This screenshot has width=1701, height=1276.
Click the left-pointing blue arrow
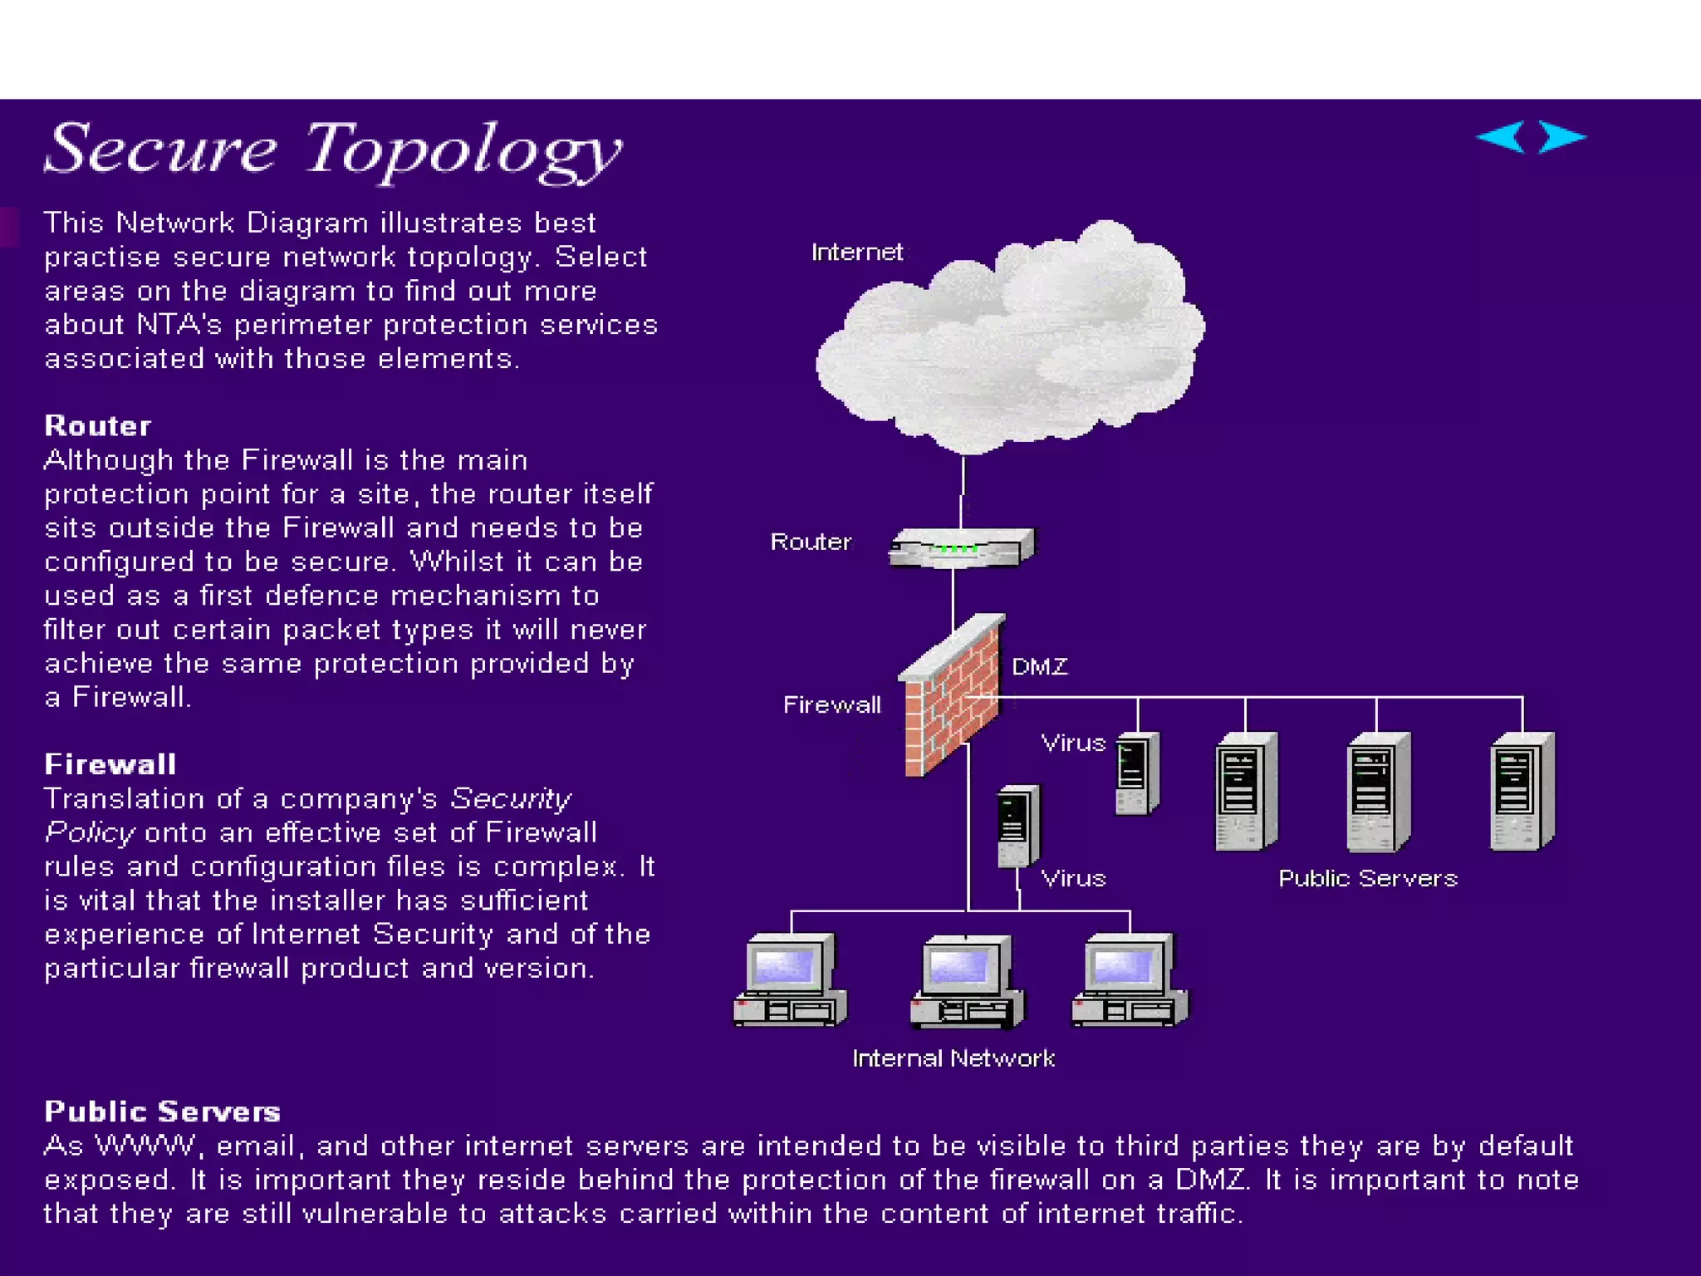(x=1502, y=137)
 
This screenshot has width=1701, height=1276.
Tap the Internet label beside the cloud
(x=856, y=253)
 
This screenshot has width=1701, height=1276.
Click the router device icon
(x=962, y=548)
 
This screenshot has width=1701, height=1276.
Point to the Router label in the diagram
(x=811, y=542)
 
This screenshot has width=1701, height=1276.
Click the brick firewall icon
(x=952, y=698)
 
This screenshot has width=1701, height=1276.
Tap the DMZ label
(x=1040, y=667)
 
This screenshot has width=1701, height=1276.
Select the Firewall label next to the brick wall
(x=831, y=705)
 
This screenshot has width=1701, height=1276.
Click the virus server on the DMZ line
(x=1136, y=773)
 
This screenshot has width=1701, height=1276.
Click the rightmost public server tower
(x=1522, y=792)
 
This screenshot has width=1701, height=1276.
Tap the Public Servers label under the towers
(x=1367, y=879)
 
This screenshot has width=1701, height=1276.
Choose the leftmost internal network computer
(x=790, y=980)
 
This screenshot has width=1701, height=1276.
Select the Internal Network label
(x=953, y=1058)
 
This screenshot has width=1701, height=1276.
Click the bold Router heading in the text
(x=98, y=426)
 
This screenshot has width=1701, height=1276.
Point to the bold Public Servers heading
(x=163, y=1112)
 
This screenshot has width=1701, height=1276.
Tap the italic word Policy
(x=90, y=832)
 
